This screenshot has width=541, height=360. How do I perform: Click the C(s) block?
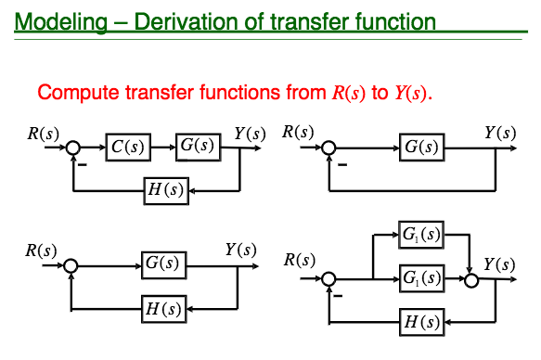(x=127, y=147)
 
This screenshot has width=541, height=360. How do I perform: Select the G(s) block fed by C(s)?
(x=197, y=147)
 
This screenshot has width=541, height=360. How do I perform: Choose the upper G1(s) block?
(x=422, y=236)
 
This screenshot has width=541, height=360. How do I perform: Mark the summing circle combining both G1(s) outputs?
(x=472, y=277)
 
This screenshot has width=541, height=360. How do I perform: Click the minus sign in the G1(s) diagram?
(x=338, y=296)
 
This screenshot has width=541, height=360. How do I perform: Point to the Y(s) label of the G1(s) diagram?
(x=499, y=264)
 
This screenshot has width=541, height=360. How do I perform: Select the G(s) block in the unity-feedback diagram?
(x=422, y=147)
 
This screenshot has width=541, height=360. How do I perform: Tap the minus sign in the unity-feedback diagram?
(x=341, y=165)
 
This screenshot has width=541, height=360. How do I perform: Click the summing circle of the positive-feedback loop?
(x=71, y=265)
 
